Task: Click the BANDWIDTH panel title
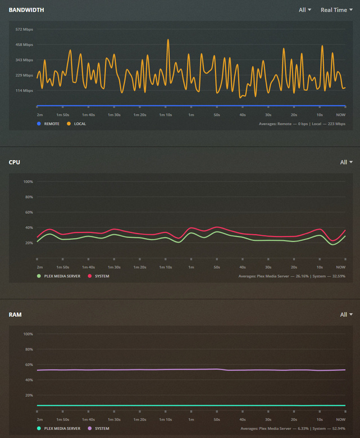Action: [26, 10]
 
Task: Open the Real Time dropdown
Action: [336, 10]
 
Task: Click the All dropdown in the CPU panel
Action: [346, 162]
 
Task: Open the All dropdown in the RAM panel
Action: [346, 314]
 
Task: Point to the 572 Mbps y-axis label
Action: [24, 29]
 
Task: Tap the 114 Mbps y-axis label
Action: [24, 90]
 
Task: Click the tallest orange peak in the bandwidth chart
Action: [168, 40]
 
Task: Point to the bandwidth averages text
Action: [302, 124]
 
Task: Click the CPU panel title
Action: [15, 162]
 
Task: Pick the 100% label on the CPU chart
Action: [28, 181]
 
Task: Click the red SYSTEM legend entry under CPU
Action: [102, 276]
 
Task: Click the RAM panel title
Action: [15, 314]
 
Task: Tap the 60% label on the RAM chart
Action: [29, 364]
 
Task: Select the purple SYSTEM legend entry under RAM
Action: [102, 428]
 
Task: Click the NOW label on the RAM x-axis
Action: [340, 419]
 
